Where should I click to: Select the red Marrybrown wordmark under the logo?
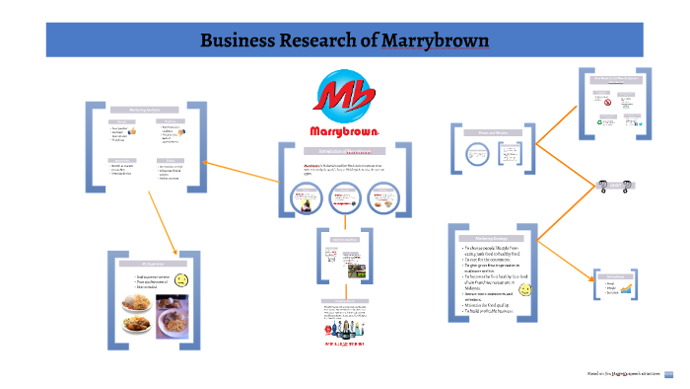pos(340,131)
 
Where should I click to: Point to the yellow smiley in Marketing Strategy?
pos(525,291)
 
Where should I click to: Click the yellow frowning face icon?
pos(181,280)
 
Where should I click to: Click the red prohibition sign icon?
pos(608,101)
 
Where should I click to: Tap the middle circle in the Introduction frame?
pos(342,198)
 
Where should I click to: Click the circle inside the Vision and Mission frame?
pos(479,153)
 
